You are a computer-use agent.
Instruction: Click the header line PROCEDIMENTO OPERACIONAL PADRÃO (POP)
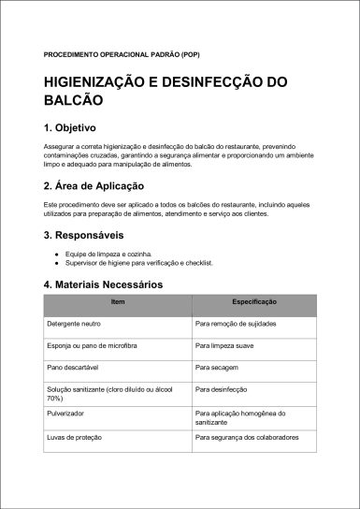(108, 53)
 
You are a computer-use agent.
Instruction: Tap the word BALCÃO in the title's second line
(74, 99)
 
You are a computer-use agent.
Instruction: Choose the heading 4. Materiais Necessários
(103, 284)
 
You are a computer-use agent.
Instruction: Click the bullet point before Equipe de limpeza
(57, 254)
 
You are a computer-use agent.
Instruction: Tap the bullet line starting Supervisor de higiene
(139, 263)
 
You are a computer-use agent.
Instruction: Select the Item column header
(118, 303)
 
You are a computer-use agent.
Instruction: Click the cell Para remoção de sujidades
(235, 323)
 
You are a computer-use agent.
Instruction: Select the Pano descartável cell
(74, 367)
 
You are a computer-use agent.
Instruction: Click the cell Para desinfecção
(222, 388)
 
